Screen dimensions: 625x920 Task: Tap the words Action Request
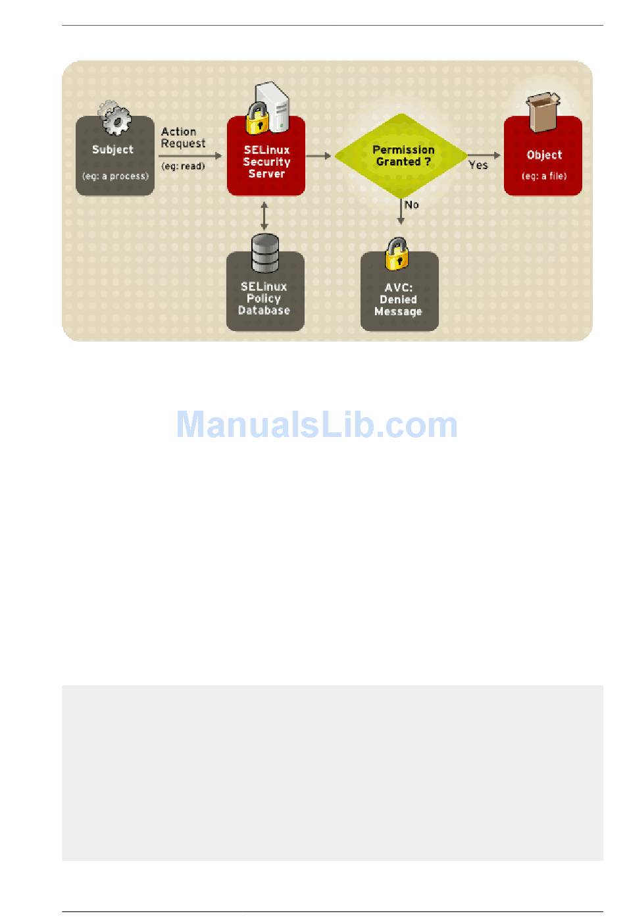click(x=183, y=138)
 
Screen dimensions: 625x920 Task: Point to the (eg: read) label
click(x=183, y=166)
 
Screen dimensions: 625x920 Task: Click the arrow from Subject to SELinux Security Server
click(x=191, y=156)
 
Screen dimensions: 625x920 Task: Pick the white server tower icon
click(x=274, y=104)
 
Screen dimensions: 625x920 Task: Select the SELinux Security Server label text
click(x=266, y=162)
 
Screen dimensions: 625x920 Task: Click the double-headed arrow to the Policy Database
click(x=264, y=215)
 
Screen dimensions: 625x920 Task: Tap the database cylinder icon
click(x=265, y=254)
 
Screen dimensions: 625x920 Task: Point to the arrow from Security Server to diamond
click(x=319, y=156)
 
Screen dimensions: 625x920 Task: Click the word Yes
click(x=478, y=165)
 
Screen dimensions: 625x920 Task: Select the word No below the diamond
click(x=412, y=205)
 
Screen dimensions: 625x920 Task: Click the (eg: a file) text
click(x=544, y=176)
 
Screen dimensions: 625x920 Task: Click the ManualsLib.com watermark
click(x=316, y=425)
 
